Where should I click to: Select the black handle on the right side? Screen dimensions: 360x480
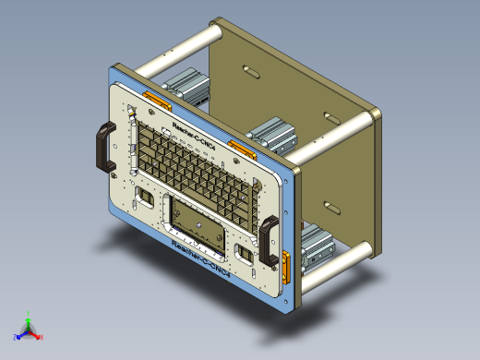click(270, 238)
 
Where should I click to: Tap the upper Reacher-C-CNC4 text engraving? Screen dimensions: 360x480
click(193, 133)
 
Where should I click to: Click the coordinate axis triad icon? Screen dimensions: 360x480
click(30, 329)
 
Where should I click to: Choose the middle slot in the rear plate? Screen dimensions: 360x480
click(330, 117)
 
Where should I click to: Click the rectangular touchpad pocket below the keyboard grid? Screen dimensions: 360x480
click(198, 223)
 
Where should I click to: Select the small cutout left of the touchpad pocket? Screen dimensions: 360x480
click(146, 198)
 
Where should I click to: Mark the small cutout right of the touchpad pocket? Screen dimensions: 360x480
click(245, 251)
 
